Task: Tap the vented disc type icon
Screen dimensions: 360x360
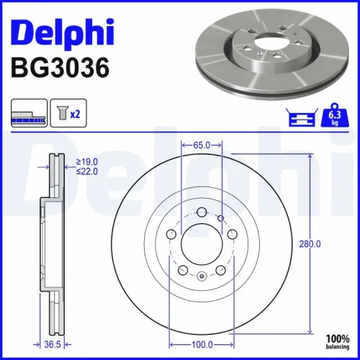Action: pyautogui.click(x=29, y=113)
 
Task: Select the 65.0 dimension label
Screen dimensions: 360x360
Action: pyautogui.click(x=202, y=145)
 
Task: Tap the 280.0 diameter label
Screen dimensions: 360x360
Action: pyautogui.click(x=310, y=244)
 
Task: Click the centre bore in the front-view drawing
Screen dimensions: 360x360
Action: pyautogui.click(x=202, y=244)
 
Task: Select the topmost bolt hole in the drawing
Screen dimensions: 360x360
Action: pyautogui.click(x=202, y=212)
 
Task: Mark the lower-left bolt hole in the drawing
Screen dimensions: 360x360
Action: pyautogui.click(x=183, y=270)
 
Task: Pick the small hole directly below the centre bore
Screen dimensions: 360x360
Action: pyautogui.click(x=202, y=277)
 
